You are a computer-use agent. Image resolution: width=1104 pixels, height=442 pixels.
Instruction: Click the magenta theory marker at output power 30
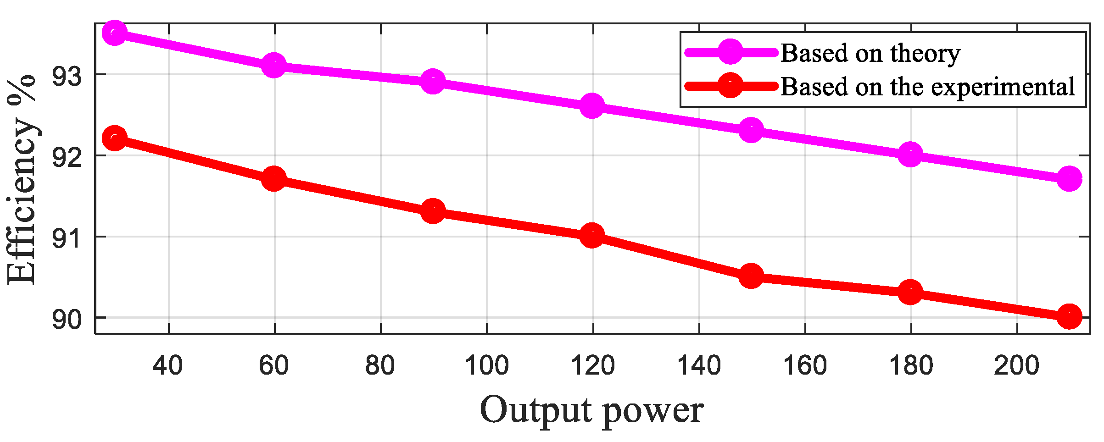(x=115, y=33)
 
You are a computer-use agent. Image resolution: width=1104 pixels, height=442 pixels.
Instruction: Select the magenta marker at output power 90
(x=433, y=82)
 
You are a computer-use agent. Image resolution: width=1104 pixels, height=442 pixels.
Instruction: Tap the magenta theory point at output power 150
(x=751, y=130)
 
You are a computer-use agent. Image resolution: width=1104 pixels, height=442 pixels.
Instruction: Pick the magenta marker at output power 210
(x=1069, y=178)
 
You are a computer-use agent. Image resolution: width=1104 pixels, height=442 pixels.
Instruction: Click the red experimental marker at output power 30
(x=115, y=138)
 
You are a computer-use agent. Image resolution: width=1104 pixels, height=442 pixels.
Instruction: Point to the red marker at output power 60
(x=274, y=179)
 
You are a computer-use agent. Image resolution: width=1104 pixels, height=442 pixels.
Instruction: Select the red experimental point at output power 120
(x=592, y=236)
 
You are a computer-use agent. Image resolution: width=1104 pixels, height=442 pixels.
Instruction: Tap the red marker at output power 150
(x=751, y=276)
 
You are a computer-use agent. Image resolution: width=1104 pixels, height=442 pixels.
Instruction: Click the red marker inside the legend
(x=730, y=86)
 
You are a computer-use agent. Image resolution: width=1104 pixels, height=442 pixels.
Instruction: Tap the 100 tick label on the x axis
(x=486, y=366)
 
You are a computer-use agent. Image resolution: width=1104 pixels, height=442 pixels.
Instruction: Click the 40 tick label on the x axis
(x=168, y=366)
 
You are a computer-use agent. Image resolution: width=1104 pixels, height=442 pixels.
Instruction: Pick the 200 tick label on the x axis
(x=1017, y=366)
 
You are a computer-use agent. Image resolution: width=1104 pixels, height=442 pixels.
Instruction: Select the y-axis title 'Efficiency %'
(x=22, y=179)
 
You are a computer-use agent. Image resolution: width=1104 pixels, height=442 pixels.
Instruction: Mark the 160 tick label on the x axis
(x=805, y=366)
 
